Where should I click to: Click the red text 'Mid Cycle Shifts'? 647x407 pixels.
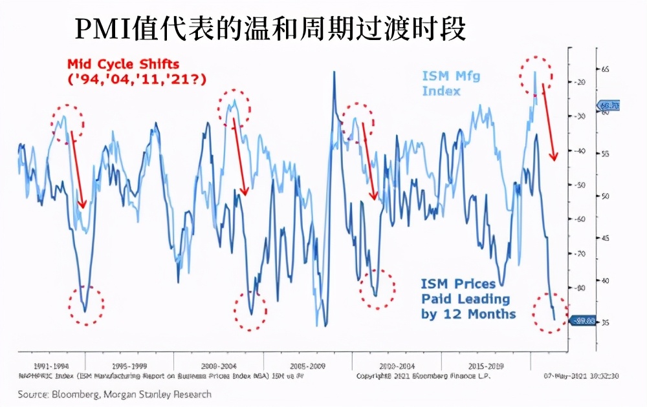(x=124, y=64)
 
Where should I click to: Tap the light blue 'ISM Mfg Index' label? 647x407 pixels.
(x=451, y=83)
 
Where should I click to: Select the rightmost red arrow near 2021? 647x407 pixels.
(x=549, y=123)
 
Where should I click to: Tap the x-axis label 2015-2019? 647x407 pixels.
(x=490, y=365)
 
